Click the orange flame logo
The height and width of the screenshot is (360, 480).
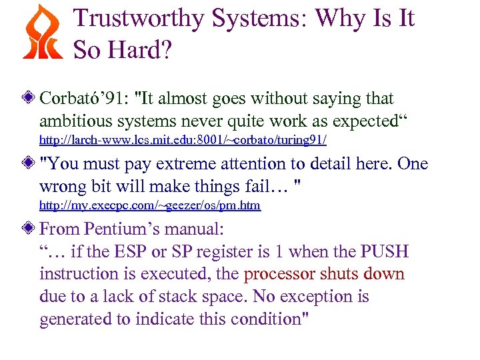tap(42, 31)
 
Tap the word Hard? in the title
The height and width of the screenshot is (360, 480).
tap(147, 49)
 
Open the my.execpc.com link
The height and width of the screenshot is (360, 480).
tap(150, 205)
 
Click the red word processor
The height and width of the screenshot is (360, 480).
tap(280, 275)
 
